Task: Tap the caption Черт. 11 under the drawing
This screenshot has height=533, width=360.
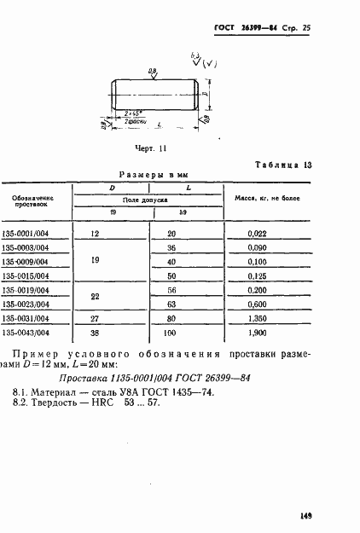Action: click(150, 148)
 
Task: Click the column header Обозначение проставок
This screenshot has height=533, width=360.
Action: click(34, 200)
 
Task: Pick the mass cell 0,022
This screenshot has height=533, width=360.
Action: click(257, 232)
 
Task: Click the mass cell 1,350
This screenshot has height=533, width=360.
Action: click(257, 317)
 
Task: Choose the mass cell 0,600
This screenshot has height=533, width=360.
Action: click(257, 304)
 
